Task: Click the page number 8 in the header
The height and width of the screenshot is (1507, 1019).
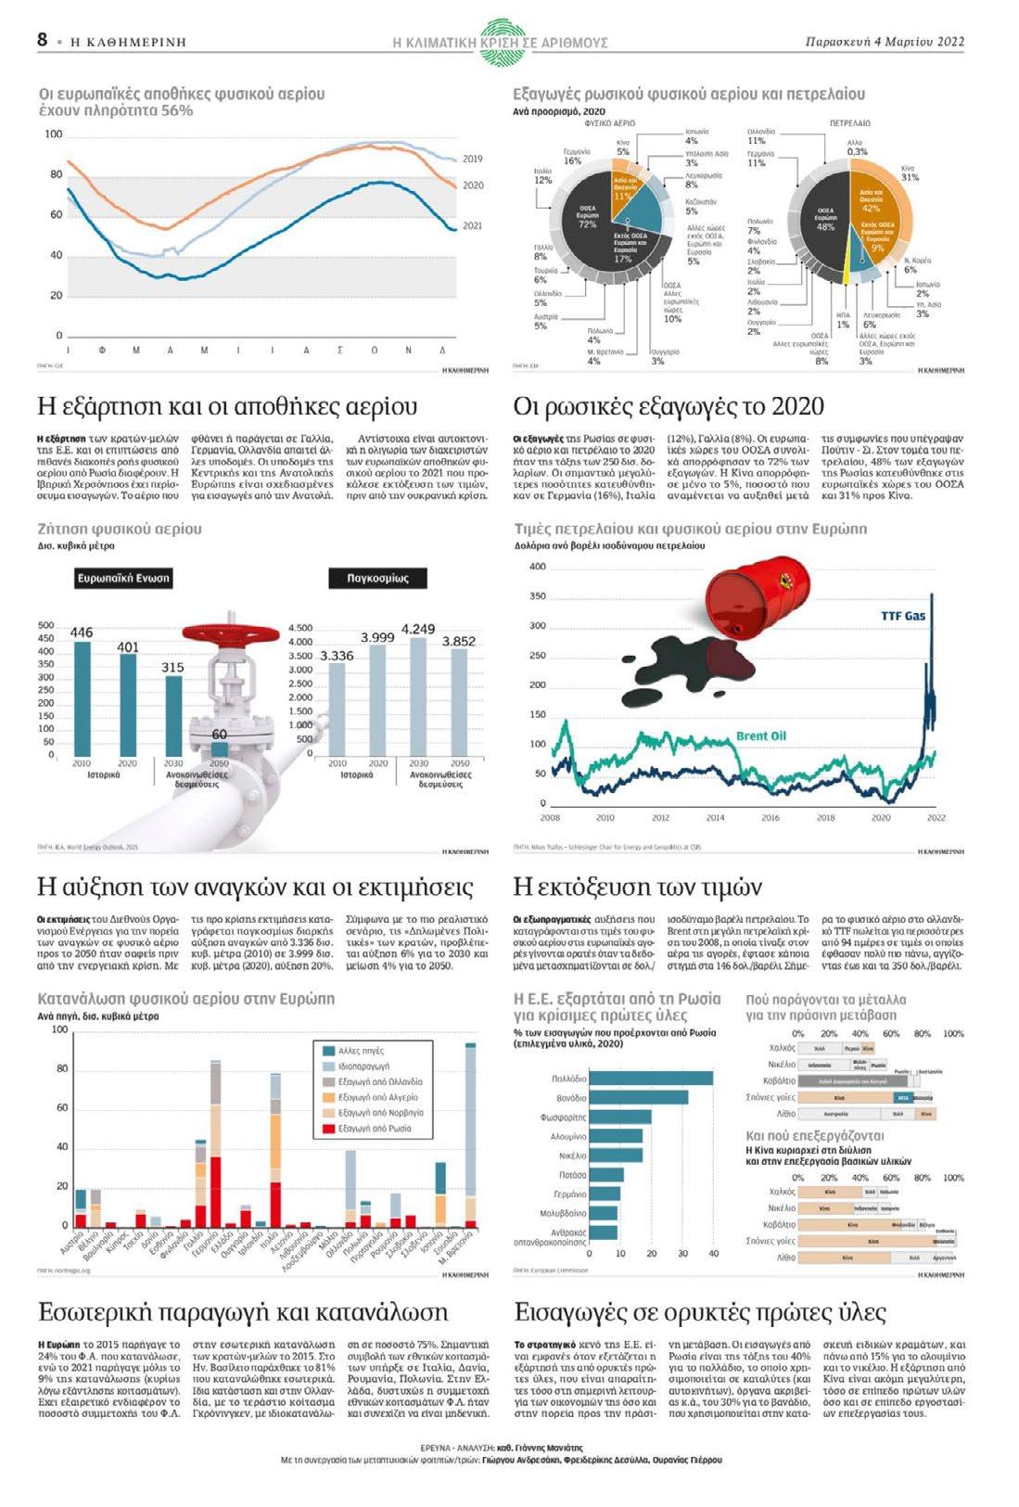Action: [x=43, y=40]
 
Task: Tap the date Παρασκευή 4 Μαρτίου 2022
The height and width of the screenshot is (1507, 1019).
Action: [x=885, y=42]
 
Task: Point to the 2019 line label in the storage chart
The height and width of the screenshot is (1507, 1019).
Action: [x=472, y=160]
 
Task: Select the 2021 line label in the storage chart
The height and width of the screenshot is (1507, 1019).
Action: [x=472, y=225]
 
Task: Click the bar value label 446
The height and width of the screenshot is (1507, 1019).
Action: [x=82, y=632]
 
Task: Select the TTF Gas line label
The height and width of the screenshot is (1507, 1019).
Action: [x=902, y=616]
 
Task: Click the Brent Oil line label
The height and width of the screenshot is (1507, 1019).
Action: [x=760, y=736]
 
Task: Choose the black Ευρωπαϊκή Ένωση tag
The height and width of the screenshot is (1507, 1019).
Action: [x=123, y=579]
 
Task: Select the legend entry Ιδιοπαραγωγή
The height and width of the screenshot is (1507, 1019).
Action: [x=363, y=1066]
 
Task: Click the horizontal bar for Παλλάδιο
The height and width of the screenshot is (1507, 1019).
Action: [x=651, y=1078]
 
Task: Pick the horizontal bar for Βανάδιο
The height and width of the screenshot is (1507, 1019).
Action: [x=639, y=1097]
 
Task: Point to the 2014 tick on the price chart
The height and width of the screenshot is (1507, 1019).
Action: [x=715, y=818]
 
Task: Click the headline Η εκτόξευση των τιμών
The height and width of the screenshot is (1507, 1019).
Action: [x=637, y=887]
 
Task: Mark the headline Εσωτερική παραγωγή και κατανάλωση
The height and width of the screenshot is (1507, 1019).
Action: [x=243, y=1312]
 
